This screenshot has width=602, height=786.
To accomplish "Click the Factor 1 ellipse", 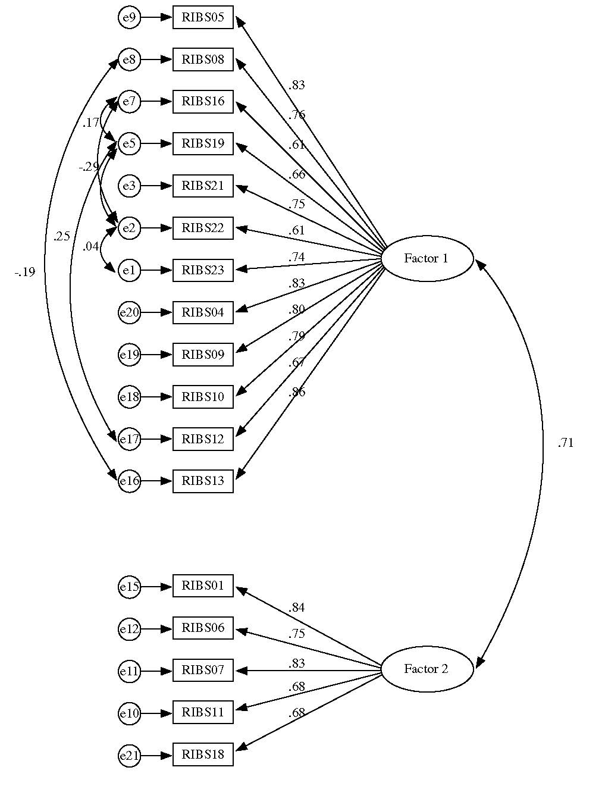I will [x=427, y=258].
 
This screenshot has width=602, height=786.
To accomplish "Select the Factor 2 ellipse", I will [x=427, y=669].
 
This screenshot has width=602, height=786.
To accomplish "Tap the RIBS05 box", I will [x=203, y=17].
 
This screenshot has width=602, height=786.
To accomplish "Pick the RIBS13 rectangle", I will [x=203, y=481].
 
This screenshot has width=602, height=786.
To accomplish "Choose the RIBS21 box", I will [x=203, y=186].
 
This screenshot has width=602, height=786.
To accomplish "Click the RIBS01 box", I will [x=203, y=586].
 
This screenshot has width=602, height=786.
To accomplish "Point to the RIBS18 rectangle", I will [x=203, y=754].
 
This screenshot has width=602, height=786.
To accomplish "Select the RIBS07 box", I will [x=203, y=671].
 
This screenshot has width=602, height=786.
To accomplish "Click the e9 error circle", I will [x=129, y=18].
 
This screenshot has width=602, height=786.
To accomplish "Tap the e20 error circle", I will [x=129, y=312].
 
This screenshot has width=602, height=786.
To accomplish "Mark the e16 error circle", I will [x=129, y=481].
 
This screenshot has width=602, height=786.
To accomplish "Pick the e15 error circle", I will [x=129, y=587].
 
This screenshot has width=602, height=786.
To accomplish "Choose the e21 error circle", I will [x=129, y=756].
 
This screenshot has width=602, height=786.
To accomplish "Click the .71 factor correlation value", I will [x=565, y=443].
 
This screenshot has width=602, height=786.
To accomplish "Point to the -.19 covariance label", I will [x=25, y=273].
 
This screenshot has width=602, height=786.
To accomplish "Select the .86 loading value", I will [x=296, y=392].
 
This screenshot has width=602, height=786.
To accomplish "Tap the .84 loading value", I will [x=296, y=607].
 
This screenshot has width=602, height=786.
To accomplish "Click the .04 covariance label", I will [x=90, y=246].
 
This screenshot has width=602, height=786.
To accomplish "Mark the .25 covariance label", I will [x=61, y=236].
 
